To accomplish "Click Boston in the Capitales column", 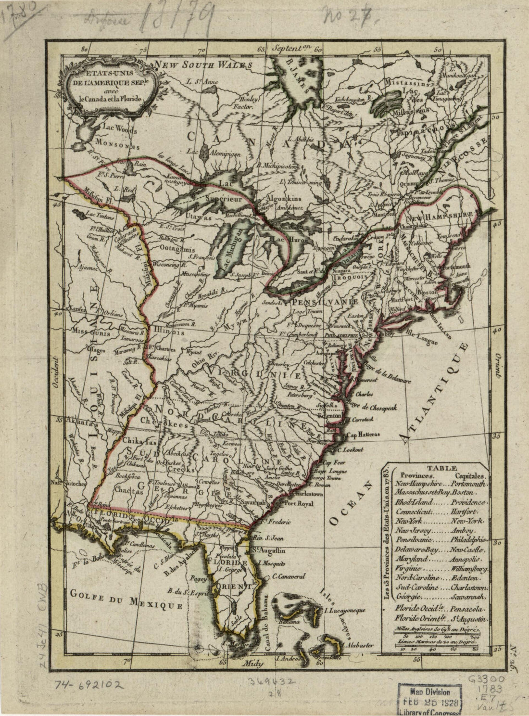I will pyautogui.click(x=464, y=493).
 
